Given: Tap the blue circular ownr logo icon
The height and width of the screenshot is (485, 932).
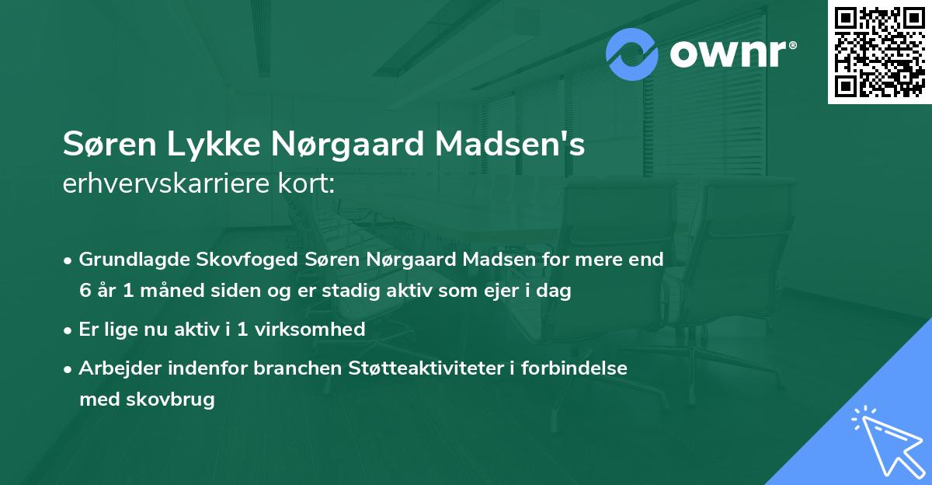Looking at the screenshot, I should coord(632,54).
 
